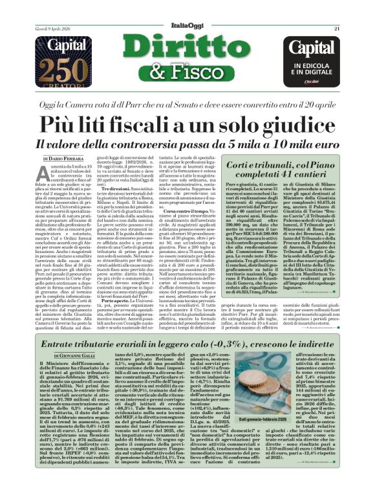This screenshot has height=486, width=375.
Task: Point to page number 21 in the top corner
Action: coord(337,28)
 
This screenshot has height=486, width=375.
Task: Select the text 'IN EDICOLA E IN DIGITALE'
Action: coord(313,69)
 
